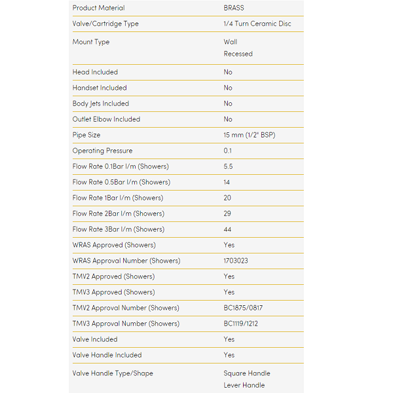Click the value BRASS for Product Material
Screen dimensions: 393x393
[234, 8]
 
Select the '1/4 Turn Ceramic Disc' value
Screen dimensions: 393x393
[257, 24]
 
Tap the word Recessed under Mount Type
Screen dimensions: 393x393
[238, 54]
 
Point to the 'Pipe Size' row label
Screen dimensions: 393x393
[86, 135]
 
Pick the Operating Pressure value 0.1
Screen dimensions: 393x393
[228, 151]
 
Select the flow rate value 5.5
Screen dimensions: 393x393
[228, 166]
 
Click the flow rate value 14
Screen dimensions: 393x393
[227, 182]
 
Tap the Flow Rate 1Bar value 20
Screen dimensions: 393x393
[228, 198]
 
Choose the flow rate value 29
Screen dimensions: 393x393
[228, 214]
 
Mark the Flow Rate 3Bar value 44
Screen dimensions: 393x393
[228, 229]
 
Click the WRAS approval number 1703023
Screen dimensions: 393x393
[236, 261]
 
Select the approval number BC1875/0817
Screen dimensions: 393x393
[243, 308]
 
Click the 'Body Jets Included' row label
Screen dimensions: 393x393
[101, 103]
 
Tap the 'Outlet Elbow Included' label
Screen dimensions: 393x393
[106, 119]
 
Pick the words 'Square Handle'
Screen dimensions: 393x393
[247, 373]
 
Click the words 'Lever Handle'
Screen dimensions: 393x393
[244, 385]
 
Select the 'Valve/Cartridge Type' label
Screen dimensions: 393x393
[105, 24]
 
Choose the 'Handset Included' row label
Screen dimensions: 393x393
[100, 88]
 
